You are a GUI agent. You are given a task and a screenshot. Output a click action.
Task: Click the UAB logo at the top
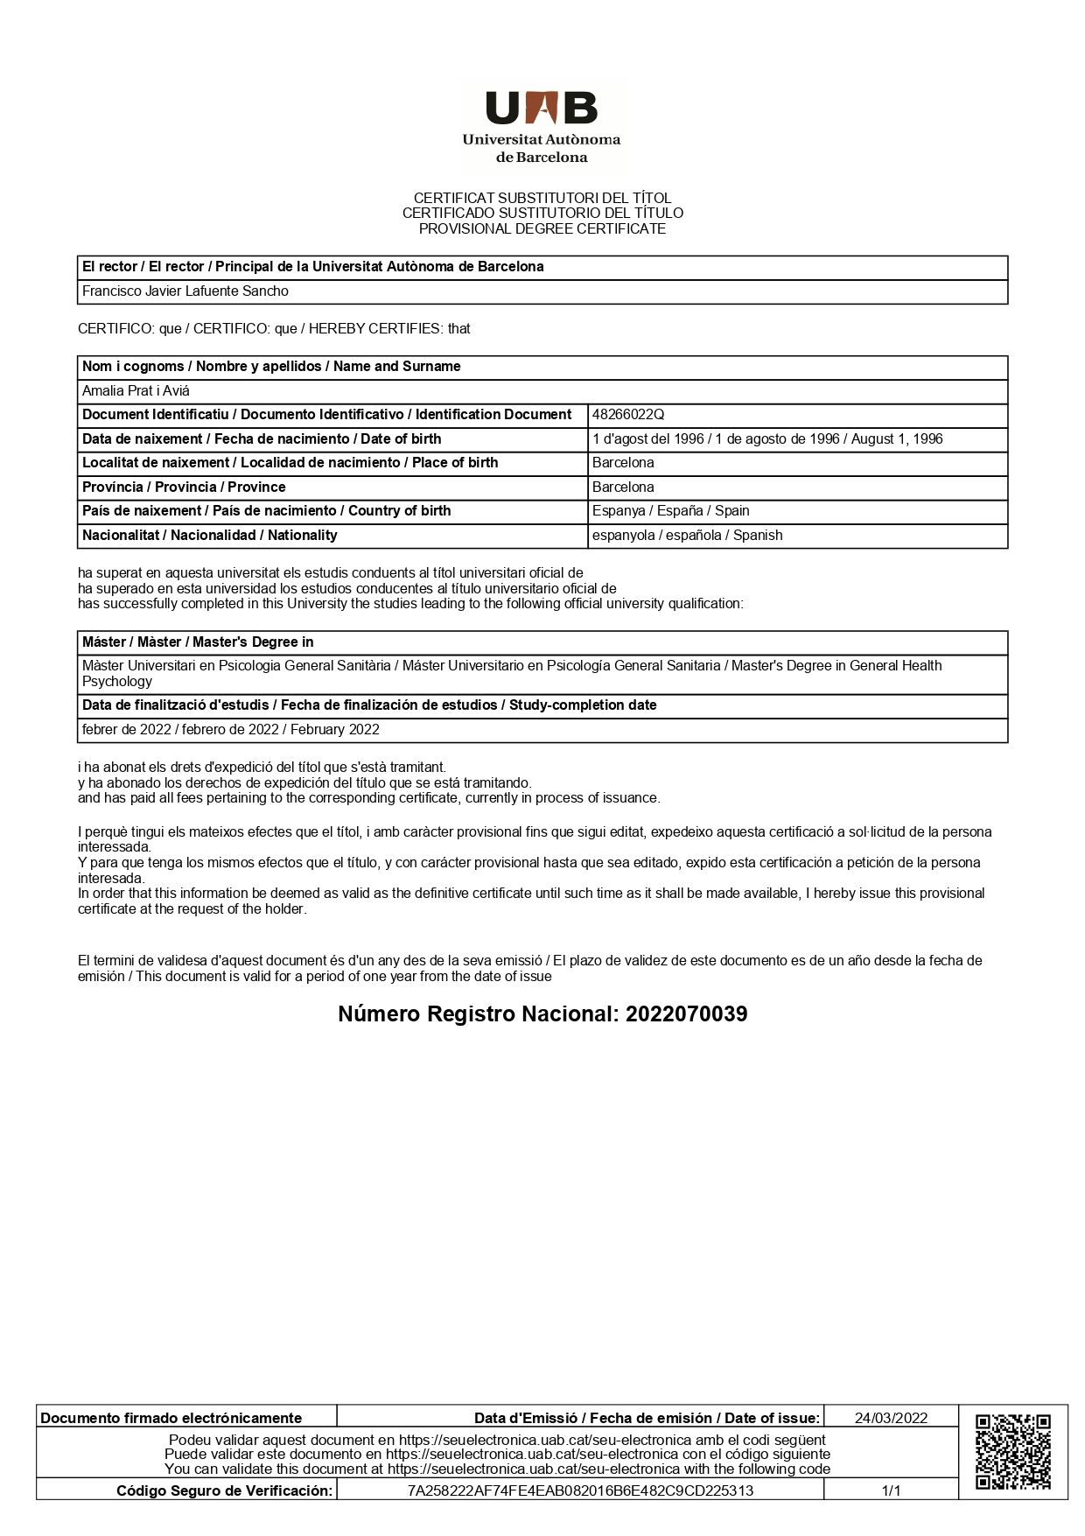click(x=542, y=126)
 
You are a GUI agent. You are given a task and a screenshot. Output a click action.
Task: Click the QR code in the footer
click(x=1012, y=1452)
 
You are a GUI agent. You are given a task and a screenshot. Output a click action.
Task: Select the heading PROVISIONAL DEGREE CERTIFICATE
click(x=542, y=229)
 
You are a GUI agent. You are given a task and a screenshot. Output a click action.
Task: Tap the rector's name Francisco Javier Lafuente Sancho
click(x=185, y=291)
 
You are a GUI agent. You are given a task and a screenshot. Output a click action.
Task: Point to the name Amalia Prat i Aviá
click(x=136, y=391)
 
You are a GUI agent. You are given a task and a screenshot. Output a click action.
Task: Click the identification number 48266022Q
click(x=628, y=415)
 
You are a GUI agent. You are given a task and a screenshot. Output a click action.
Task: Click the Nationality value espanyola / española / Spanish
click(x=687, y=536)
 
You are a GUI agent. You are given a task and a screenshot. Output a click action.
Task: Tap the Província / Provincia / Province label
click(x=184, y=487)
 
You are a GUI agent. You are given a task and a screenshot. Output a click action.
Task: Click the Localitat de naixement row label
click(x=290, y=463)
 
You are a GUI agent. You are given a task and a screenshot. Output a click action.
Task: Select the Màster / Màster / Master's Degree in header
click(x=198, y=642)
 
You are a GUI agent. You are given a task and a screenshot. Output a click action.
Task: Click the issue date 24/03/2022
click(x=891, y=1418)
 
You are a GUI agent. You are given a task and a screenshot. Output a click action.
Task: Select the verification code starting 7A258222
click(x=580, y=1490)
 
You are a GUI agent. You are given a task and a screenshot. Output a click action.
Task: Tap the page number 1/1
click(x=891, y=1490)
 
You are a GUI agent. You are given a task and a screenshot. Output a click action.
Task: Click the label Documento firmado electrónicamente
click(x=171, y=1418)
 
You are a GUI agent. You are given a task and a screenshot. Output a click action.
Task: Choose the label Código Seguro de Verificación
click(x=225, y=1490)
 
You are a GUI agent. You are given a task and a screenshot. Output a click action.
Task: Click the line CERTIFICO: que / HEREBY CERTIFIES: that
click(x=274, y=329)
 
